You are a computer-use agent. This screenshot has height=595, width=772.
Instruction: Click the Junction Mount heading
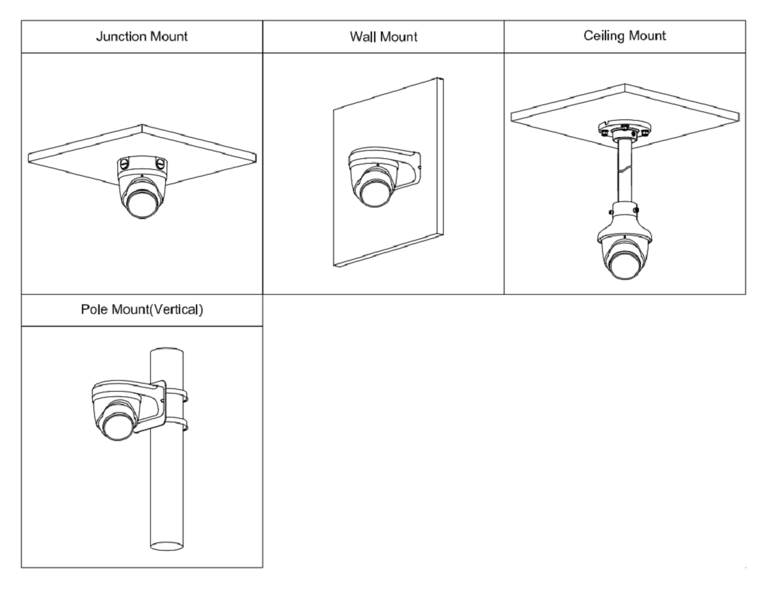[142, 36]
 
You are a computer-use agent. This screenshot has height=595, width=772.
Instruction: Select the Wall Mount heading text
[383, 37]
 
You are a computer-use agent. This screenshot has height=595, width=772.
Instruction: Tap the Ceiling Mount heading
[625, 35]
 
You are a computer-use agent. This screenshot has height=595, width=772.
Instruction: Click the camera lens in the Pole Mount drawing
[117, 429]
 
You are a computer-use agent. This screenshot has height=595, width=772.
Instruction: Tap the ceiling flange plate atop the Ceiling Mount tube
[625, 128]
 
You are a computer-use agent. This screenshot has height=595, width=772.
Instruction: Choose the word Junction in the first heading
[117, 36]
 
